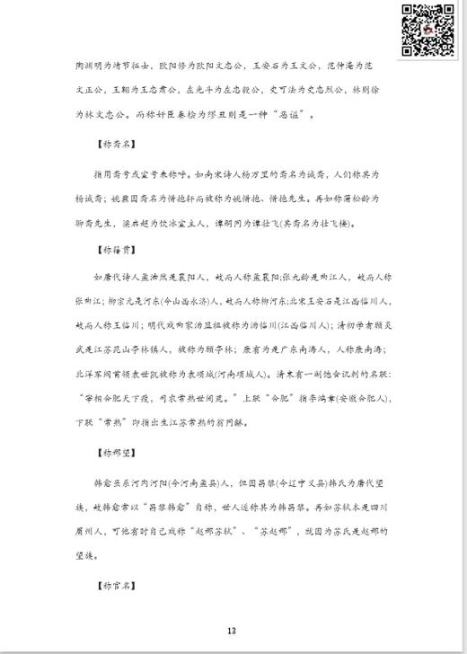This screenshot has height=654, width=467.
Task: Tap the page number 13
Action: pyautogui.click(x=232, y=631)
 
